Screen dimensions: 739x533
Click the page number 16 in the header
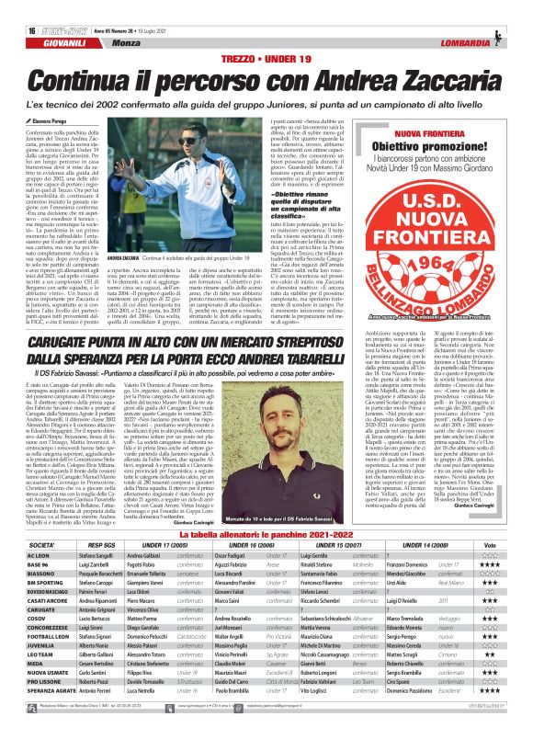tap(18, 6)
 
